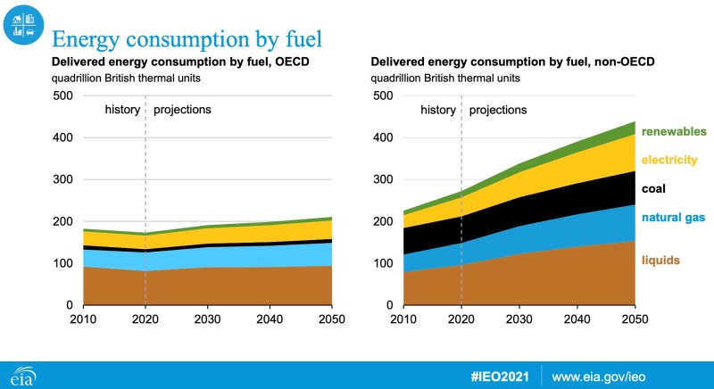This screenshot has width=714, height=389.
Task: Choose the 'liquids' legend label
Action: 660,261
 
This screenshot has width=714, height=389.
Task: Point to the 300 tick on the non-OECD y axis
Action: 382,179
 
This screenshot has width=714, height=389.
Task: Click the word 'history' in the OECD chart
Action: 122,110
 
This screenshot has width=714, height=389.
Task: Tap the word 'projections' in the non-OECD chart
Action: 498,110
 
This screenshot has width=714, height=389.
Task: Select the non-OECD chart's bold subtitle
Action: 510,62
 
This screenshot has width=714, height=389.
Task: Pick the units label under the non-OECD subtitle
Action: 445,78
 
